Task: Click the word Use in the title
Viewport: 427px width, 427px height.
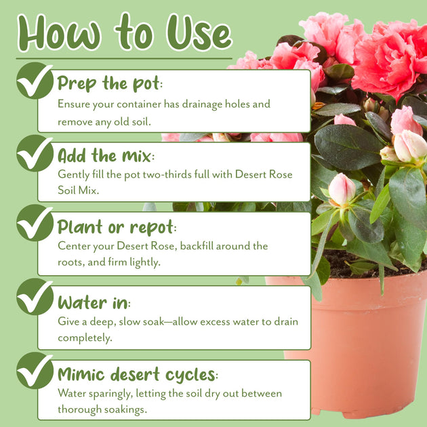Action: [x=199, y=33]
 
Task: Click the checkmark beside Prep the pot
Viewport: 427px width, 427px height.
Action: [x=35, y=81]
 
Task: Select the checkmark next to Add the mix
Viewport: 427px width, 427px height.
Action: [x=35, y=153]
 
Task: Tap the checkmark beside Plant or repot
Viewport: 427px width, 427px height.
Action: [x=35, y=223]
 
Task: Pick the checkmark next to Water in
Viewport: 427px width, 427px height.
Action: [x=35, y=297]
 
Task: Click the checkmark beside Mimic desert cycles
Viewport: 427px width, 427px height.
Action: [x=35, y=370]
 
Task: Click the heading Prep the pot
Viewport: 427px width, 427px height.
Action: [x=110, y=83]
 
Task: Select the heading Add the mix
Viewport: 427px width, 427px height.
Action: [x=106, y=156]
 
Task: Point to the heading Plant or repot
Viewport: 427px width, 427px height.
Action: [x=117, y=227]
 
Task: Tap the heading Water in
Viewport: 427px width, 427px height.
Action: [x=94, y=302]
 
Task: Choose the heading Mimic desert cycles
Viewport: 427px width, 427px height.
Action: [x=138, y=374]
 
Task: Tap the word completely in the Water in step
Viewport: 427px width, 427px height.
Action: [x=85, y=338]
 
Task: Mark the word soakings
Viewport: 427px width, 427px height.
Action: [x=125, y=410]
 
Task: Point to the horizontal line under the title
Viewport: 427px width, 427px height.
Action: [x=124, y=58]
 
